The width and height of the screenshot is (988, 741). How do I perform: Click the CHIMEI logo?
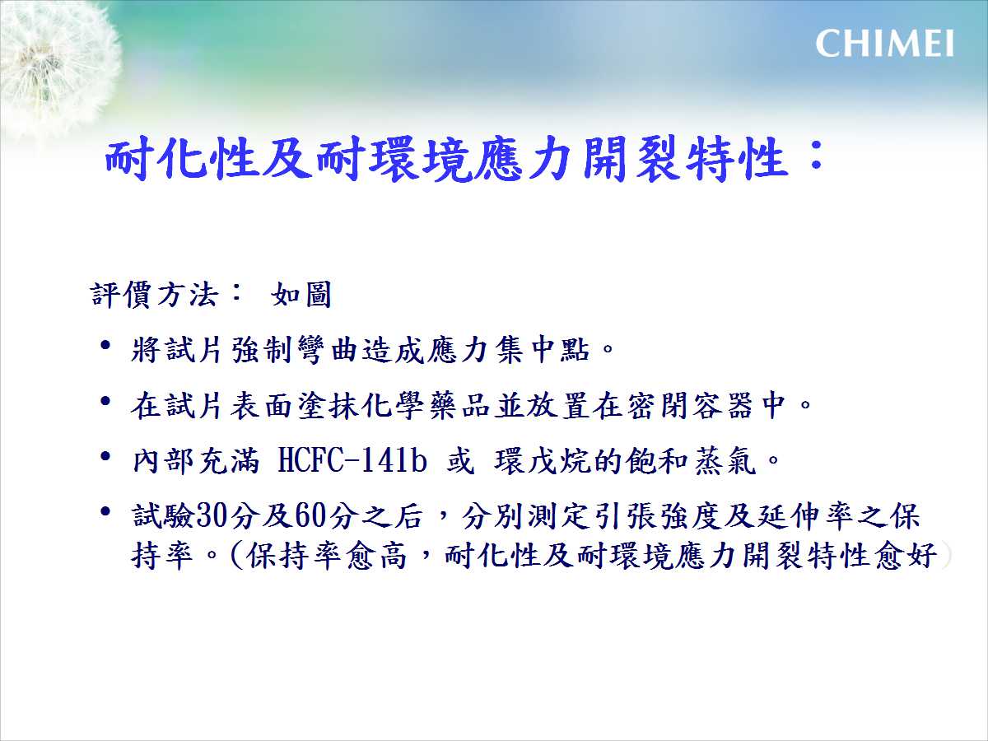click(884, 44)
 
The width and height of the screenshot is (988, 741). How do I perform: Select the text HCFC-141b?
click(352, 461)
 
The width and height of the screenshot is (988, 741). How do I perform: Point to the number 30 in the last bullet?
click(212, 515)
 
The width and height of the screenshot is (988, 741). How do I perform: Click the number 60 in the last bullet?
click(311, 515)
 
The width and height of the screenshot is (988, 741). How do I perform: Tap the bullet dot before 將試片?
click(105, 346)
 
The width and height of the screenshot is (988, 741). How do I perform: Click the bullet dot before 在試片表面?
click(105, 401)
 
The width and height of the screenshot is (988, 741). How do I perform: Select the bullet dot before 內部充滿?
click(105, 457)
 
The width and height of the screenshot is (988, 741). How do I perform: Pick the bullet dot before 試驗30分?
click(105, 512)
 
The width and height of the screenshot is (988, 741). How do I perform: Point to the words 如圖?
click(301, 295)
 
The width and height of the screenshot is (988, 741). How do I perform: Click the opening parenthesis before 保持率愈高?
click(237, 556)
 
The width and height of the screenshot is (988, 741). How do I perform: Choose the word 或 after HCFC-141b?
click(460, 461)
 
